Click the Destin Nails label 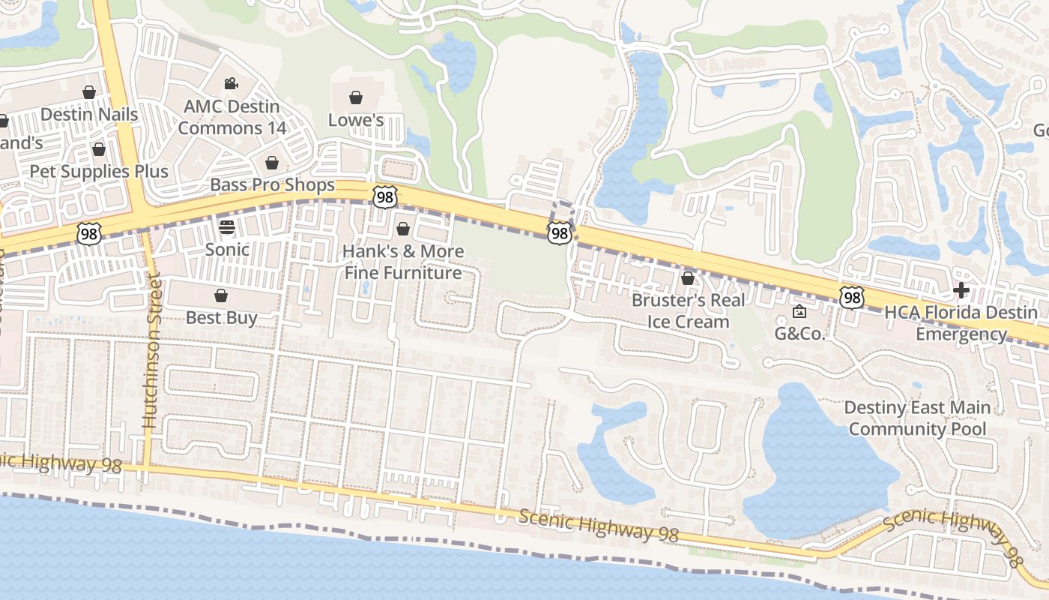click(x=89, y=114)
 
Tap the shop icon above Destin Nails click(x=89, y=92)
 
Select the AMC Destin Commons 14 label click(x=232, y=117)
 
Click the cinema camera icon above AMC click(x=231, y=83)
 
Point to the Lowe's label click(x=356, y=120)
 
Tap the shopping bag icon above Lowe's click(x=356, y=97)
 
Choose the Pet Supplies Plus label click(x=99, y=171)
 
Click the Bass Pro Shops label click(x=273, y=184)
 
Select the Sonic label click(x=227, y=249)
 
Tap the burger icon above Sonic click(x=227, y=226)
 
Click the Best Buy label click(x=221, y=317)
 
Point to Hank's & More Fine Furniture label click(x=403, y=262)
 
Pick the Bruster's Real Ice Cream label click(x=689, y=310)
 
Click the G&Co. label click(x=799, y=334)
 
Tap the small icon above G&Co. click(x=799, y=311)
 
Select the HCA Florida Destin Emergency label click(x=961, y=323)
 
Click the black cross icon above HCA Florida click(x=961, y=290)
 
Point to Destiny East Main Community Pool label click(x=917, y=418)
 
